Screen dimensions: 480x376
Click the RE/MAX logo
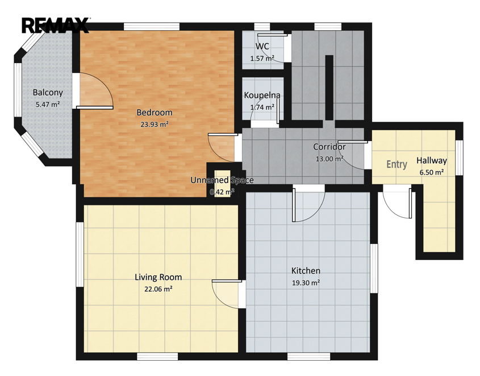pyautogui.click(x=55, y=25)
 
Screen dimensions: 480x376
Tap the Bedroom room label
pyautogui.click(x=155, y=113)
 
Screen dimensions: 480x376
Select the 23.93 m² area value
pyautogui.click(x=155, y=125)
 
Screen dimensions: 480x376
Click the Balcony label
pyautogui.click(x=48, y=93)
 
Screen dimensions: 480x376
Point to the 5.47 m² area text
pyautogui.click(x=48, y=105)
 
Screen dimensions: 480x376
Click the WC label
pyautogui.click(x=262, y=47)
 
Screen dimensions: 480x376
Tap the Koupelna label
pyautogui.click(x=262, y=96)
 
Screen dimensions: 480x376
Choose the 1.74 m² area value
pyautogui.click(x=262, y=108)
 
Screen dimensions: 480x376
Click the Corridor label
pyautogui.click(x=329, y=147)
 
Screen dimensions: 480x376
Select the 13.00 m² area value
pyautogui.click(x=329, y=159)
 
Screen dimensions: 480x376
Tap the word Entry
pyautogui.click(x=396, y=164)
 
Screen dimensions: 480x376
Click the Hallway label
pyautogui.click(x=432, y=160)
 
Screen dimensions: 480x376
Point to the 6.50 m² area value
pyautogui.click(x=432, y=172)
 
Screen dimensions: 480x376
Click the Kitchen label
pyautogui.click(x=306, y=271)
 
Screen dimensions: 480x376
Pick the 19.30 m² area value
pyautogui.click(x=306, y=283)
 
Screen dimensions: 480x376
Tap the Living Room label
pyautogui.click(x=158, y=278)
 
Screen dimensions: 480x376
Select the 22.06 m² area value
pyautogui.click(x=158, y=289)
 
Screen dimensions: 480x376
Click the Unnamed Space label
pyautogui.click(x=222, y=180)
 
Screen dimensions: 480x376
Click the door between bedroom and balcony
pyautogui.click(x=93, y=90)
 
